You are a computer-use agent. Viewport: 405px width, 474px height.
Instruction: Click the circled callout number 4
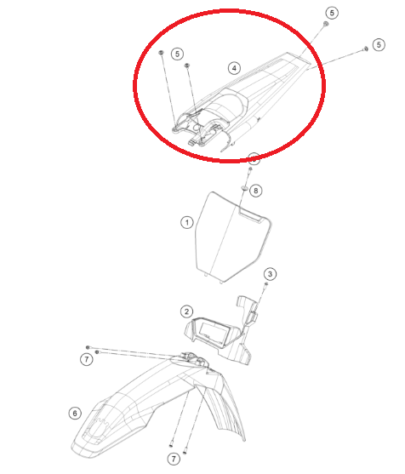[234, 68]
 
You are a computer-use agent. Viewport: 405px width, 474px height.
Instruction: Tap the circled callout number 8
[256, 191]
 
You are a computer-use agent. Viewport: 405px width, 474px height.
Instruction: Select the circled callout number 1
[187, 223]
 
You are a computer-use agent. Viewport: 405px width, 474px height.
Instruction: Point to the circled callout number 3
[270, 274]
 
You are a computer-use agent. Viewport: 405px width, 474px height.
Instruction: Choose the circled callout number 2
[187, 311]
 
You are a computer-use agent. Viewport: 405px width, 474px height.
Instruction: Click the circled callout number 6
[75, 413]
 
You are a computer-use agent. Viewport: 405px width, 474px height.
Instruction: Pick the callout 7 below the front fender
[174, 459]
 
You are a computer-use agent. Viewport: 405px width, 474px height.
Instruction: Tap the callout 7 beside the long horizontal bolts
[87, 359]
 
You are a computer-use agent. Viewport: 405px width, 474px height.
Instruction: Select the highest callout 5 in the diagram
[332, 13]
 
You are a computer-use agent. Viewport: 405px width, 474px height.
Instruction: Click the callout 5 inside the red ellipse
[178, 54]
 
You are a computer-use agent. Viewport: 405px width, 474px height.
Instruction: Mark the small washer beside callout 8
[244, 189]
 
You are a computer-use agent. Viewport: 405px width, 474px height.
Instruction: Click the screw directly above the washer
[250, 170]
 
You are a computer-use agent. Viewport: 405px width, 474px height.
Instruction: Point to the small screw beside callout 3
[266, 284]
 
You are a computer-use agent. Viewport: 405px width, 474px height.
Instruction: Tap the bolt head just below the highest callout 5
[326, 24]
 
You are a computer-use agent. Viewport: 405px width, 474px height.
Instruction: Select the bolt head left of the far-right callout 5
[366, 49]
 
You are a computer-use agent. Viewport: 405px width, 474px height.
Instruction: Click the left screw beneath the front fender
[171, 444]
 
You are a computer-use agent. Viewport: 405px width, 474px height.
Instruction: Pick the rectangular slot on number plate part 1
[250, 215]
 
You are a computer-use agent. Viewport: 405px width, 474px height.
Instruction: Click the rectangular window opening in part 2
[213, 333]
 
